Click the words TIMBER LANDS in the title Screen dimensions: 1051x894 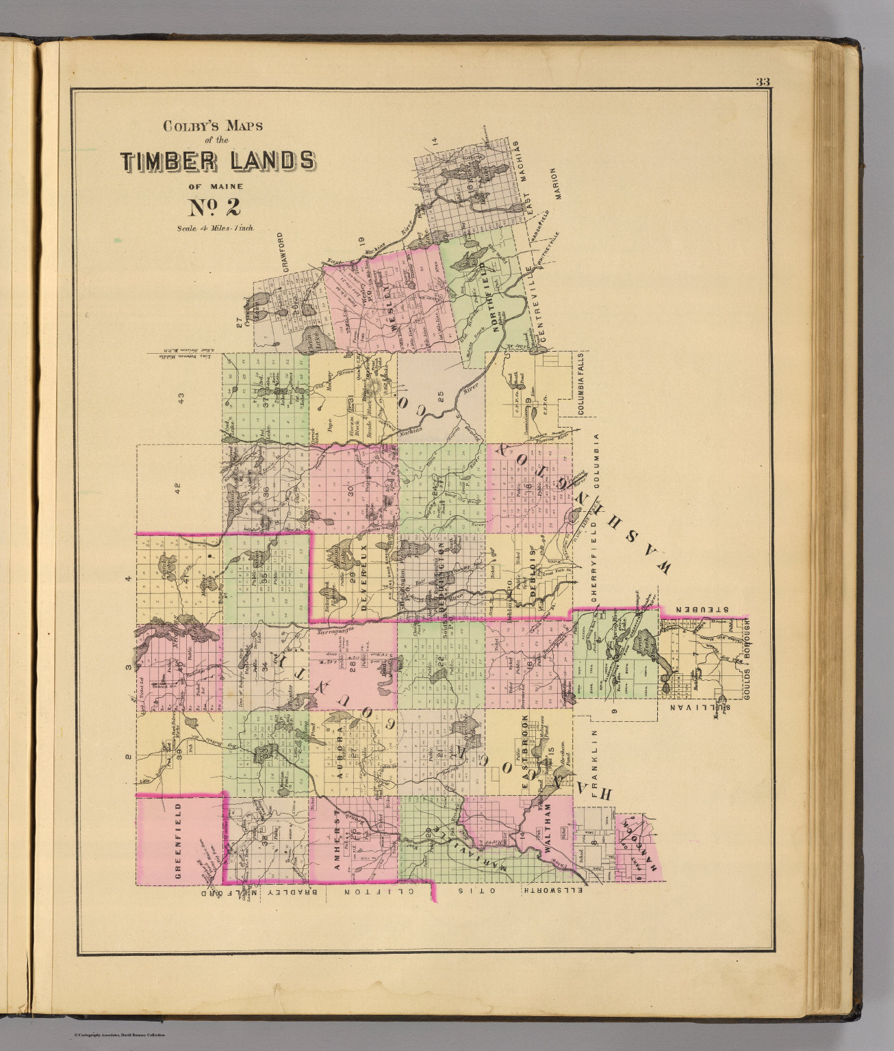tap(218, 160)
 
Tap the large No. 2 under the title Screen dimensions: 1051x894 tap(214, 206)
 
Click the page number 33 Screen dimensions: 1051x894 tap(763, 82)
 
